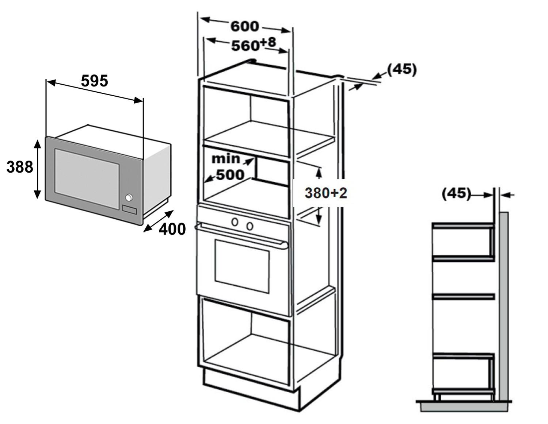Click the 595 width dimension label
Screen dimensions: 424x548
(94, 81)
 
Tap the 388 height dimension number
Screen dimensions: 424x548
(20, 167)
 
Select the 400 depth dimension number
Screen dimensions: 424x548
(172, 229)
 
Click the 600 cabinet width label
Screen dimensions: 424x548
(245, 26)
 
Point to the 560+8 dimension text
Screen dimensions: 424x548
(254, 45)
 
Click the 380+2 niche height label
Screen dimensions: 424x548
(326, 193)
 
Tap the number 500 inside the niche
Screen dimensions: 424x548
(230, 175)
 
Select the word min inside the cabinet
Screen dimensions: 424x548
(226, 159)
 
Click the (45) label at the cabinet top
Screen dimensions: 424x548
(402, 69)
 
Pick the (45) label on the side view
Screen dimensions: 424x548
(456, 193)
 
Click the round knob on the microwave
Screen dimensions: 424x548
(129, 198)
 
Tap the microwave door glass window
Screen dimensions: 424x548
(87, 173)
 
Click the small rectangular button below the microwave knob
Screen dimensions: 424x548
(129, 210)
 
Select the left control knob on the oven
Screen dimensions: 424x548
(235, 222)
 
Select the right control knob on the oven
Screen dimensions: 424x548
(250, 226)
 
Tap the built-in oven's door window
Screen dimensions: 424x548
(242, 266)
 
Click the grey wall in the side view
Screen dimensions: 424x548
(503, 303)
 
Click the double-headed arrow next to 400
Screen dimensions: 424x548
(158, 221)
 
